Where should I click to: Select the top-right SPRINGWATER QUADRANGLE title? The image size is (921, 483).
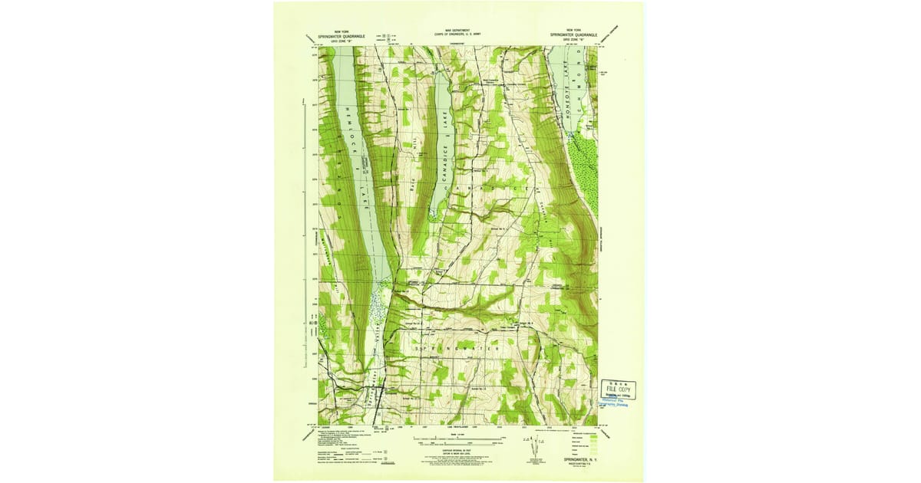coord(572,34)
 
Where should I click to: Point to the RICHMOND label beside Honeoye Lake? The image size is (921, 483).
coord(585,96)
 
